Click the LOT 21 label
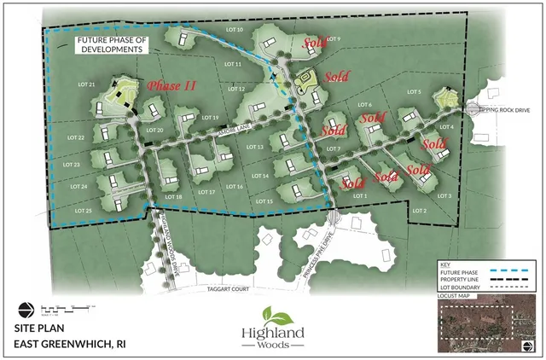click(84, 84)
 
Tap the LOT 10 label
click(233, 31)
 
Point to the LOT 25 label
click(83, 210)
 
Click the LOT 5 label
click(415, 91)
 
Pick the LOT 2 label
click(419, 211)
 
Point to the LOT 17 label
click(206, 192)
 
